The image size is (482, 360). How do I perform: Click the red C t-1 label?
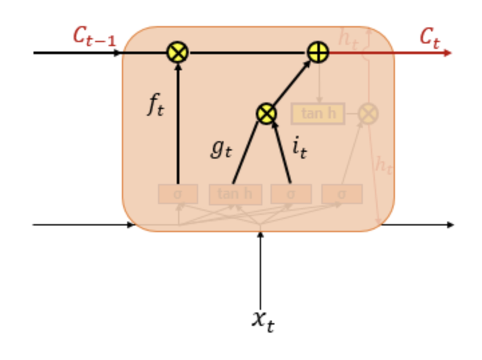(94, 37)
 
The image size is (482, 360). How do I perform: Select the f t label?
(155, 106)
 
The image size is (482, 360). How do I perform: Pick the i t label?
(299, 148)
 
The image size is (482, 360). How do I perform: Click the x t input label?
(262, 319)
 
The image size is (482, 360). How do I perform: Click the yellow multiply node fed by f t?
(177, 52)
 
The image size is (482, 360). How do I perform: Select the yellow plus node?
(318, 52)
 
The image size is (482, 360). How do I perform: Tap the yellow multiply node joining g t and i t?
(266, 114)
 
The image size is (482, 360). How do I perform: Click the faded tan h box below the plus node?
(318, 114)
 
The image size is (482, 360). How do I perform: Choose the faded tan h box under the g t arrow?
(235, 194)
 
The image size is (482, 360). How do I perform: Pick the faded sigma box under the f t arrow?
(177, 194)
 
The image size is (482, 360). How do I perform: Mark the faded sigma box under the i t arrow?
(291, 194)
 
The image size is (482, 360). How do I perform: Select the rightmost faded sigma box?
(341, 194)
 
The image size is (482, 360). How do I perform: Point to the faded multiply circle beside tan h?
(368, 114)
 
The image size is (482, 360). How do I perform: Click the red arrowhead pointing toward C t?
(448, 52)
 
